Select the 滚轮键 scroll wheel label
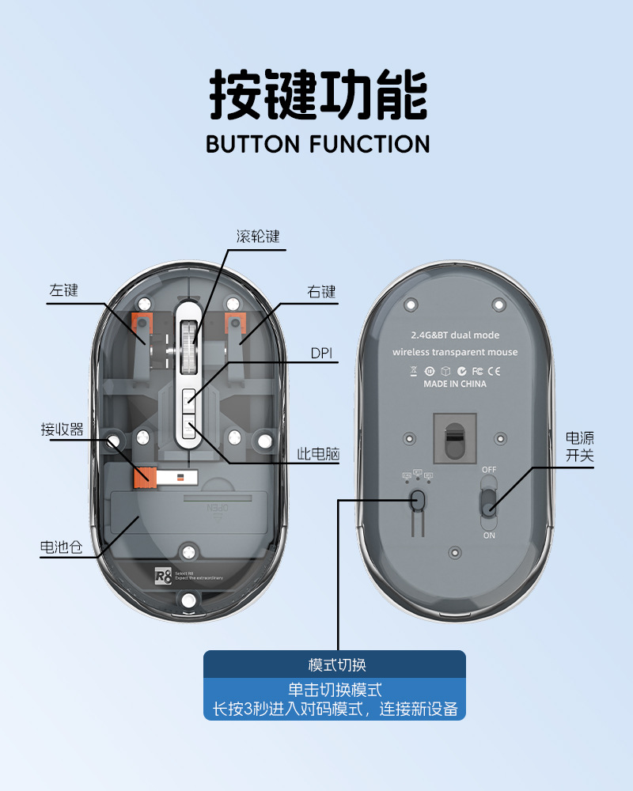click(258, 237)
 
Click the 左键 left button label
click(64, 290)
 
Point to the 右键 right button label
click(322, 291)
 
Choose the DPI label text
click(322, 354)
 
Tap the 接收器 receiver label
click(63, 430)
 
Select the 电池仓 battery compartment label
click(61, 547)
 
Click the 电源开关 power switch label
click(579, 447)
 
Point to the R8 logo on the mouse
click(162, 577)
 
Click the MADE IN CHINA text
click(455, 384)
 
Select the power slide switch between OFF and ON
click(489, 501)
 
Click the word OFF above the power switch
click(489, 470)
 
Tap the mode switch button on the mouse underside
click(419, 500)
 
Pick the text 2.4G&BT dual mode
click(455, 335)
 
